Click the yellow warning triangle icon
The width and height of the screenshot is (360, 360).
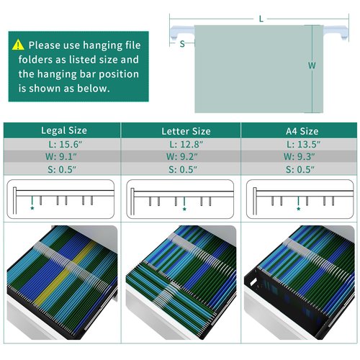pyautogui.click(x=18, y=45)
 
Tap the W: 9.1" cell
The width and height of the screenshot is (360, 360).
pyautogui.click(x=62, y=156)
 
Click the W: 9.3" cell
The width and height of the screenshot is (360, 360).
pyautogui.click(x=299, y=156)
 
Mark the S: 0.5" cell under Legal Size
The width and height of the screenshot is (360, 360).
pyautogui.click(x=62, y=169)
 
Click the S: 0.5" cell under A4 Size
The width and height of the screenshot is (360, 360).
pyautogui.click(x=299, y=169)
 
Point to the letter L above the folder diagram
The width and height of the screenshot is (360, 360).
pyautogui.click(x=261, y=19)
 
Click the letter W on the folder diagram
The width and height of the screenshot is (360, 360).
pyautogui.click(x=312, y=66)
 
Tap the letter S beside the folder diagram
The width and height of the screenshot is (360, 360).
pyautogui.click(x=182, y=44)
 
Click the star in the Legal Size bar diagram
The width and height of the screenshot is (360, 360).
pyautogui.click(x=32, y=208)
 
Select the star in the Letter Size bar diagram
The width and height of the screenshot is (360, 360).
pyautogui.click(x=184, y=209)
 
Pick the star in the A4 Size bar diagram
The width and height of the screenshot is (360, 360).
pyautogui.click(x=298, y=209)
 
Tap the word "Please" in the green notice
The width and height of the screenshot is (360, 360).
pyautogui.click(x=45, y=45)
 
